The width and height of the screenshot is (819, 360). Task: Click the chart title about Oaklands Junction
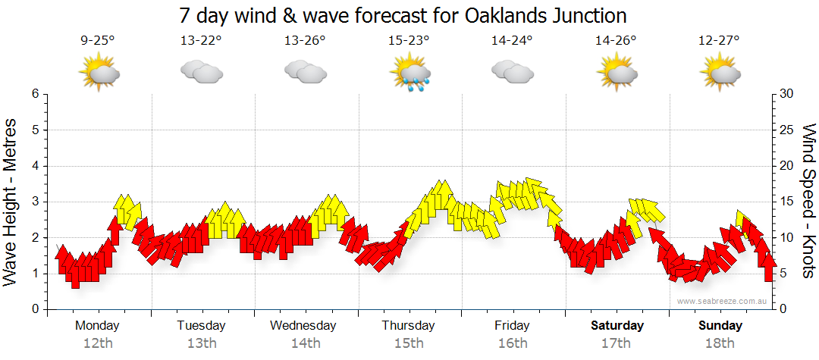pos(403,15)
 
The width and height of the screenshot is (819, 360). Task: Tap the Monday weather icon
pos(99,73)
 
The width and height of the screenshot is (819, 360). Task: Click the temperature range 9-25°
pos(98,41)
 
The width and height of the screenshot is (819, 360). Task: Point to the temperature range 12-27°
pos(719,41)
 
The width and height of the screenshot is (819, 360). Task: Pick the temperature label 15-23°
pos(409,41)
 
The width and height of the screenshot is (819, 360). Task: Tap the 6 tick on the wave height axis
pos(34,94)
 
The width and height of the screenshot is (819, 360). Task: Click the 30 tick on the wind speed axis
pos(787,94)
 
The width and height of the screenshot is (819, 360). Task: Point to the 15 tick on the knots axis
pos(787,202)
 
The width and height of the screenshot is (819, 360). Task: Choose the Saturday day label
pos(617,326)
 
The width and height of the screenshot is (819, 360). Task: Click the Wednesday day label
pos(303,326)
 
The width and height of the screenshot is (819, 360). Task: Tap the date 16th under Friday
pos(513,343)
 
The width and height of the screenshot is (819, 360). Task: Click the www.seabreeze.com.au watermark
pos(723,302)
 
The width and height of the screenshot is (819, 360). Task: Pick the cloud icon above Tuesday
pos(201,73)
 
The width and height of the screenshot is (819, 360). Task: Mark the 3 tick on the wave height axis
pos(34,202)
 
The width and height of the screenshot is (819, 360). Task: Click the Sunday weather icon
pos(720,73)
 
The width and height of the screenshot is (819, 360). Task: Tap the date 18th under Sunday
pos(720,343)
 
